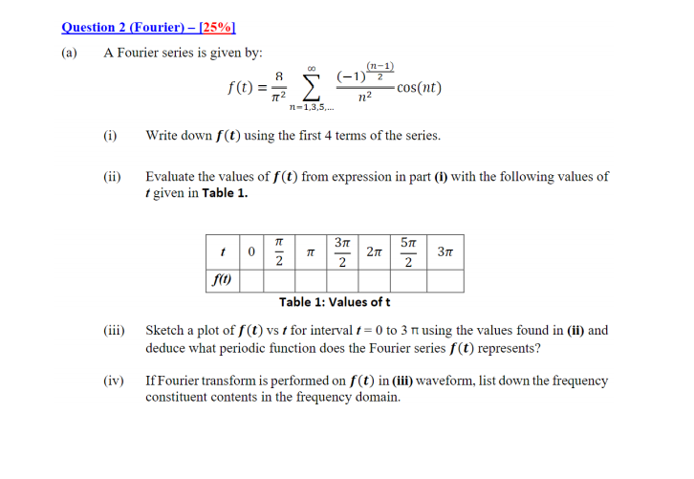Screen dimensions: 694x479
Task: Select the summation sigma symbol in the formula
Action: [x=312, y=89]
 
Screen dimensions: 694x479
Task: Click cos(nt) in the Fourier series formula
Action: [x=419, y=88]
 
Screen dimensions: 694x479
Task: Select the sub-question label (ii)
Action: [x=112, y=177]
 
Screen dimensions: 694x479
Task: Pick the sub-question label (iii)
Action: [x=114, y=331]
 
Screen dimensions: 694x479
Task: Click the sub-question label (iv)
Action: [x=114, y=381]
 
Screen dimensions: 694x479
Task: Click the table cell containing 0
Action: [x=250, y=252]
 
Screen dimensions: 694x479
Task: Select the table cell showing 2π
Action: [x=375, y=252]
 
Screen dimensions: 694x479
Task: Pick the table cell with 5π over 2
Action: [x=408, y=252]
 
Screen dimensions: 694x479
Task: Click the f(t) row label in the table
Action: [x=222, y=281]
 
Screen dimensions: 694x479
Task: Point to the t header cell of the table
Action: [x=222, y=252]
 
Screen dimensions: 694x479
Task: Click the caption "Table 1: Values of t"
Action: [x=334, y=301]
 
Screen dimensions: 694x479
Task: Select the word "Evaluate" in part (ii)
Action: [x=172, y=177]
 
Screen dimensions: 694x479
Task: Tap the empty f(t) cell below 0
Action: [x=250, y=281]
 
